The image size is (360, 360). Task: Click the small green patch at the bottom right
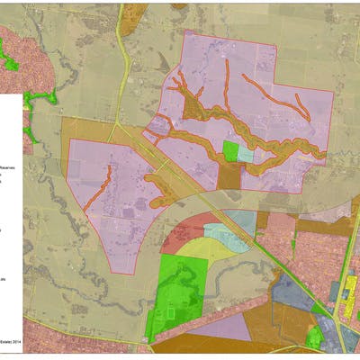click(x=314, y=338)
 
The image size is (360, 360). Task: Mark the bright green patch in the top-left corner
click(x=11, y=61)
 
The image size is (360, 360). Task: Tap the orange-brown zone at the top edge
click(x=132, y=12)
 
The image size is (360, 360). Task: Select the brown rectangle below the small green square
click(x=230, y=173)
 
